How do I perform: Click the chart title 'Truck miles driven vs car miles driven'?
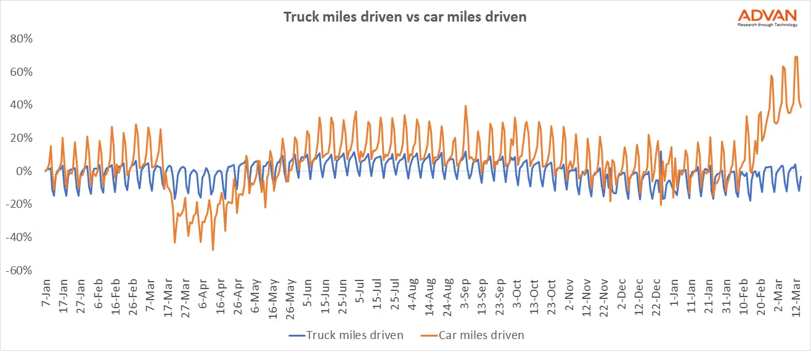[405, 17]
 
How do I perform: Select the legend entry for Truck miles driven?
[346, 335]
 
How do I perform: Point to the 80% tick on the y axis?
[20, 39]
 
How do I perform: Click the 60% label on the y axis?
[20, 72]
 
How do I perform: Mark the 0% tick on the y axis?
[24, 171]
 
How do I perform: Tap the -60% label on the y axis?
[18, 271]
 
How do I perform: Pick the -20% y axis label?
[18, 205]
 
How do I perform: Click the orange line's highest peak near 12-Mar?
[797, 57]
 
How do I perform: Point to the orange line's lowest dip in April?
[213, 250]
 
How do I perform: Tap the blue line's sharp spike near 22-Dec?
[661, 152]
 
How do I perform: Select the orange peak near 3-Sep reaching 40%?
[465, 105]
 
